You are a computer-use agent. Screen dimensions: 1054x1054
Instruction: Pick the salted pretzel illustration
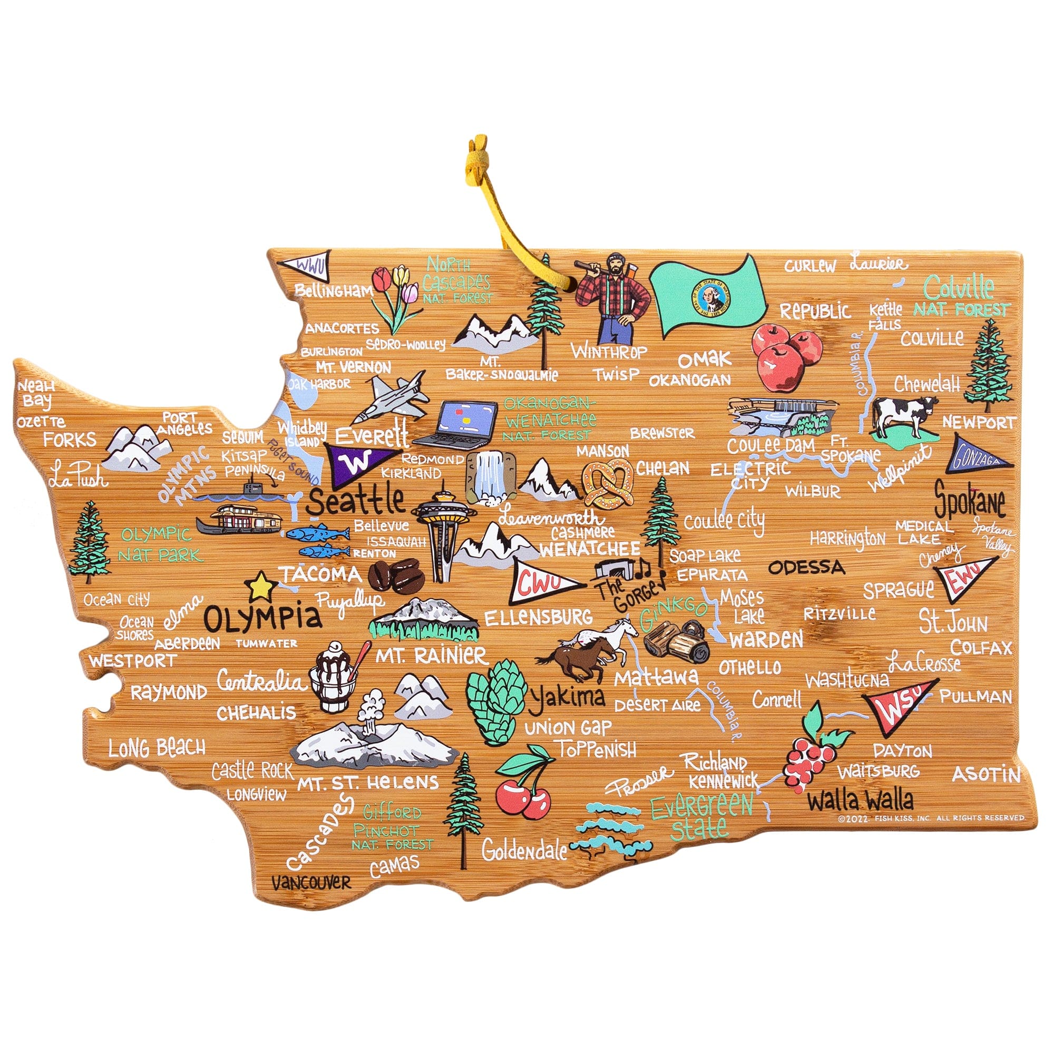pos(608,482)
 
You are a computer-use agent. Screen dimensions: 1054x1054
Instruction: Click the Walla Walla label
pos(861,801)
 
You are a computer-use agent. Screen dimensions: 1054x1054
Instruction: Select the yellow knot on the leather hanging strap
pos(477,157)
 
